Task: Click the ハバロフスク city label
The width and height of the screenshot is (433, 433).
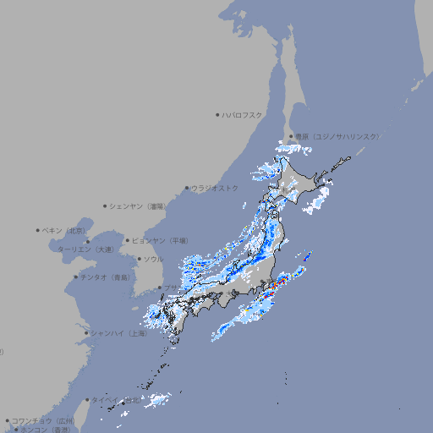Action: tap(242, 114)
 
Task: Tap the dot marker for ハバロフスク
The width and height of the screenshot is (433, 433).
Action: tap(217, 114)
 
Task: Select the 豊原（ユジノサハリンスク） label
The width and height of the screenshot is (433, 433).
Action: tap(337, 136)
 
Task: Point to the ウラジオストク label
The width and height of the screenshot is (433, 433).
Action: tap(215, 188)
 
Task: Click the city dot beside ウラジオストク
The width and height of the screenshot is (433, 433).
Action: tap(187, 188)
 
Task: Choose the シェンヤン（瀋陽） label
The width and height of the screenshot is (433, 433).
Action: tap(140, 206)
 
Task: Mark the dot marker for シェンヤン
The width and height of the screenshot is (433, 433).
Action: tap(106, 206)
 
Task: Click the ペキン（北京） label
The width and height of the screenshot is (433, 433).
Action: tap(64, 230)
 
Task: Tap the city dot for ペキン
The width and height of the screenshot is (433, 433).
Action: tap(38, 230)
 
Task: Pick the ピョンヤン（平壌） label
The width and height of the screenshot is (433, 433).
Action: tap(161, 240)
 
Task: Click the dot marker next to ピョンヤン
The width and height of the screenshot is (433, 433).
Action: tap(128, 240)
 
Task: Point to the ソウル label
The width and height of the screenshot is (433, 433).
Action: tap(153, 259)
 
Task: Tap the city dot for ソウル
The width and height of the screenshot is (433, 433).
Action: tap(138, 259)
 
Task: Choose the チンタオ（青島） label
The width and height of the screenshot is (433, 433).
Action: tap(106, 277)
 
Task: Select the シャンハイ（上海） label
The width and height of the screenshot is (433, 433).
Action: tap(119, 333)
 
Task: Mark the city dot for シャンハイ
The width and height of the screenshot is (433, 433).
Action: tap(86, 333)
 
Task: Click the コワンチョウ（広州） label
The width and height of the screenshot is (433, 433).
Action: tap(43, 420)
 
